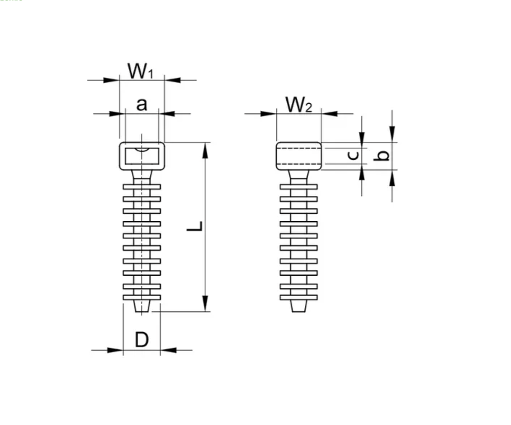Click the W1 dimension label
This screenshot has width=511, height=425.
tap(140, 71)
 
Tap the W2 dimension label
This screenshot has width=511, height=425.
tap(298, 105)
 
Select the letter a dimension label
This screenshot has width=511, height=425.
tap(142, 104)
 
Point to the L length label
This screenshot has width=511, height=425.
tap(195, 227)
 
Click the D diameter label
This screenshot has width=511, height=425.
tap(142, 340)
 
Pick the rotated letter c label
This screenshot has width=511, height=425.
tap(353, 155)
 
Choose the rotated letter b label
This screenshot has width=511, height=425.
tap(382, 156)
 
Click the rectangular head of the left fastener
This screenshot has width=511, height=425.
tap(142, 156)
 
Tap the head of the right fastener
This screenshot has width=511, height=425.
tap(299, 156)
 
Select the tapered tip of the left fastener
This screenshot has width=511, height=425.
tap(142, 306)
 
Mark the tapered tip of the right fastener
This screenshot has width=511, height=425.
tap(299, 306)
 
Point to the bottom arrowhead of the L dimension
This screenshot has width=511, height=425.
tap(205, 303)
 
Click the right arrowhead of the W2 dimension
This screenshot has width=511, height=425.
tap(330, 114)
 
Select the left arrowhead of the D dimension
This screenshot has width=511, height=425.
tap(115, 350)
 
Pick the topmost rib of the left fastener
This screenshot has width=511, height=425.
tap(142, 187)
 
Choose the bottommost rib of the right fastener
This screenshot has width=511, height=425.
tap(299, 297)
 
